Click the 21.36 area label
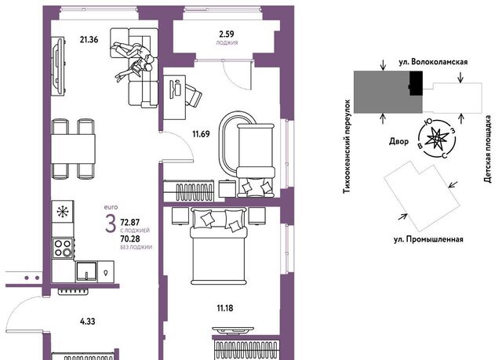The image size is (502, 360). [x=89, y=40]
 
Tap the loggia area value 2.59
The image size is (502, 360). [x=227, y=34]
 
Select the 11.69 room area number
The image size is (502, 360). [x=201, y=134]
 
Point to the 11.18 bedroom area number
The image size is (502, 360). [x=225, y=308]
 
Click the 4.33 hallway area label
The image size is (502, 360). [x=87, y=322]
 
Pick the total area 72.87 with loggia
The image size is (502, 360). [x=130, y=222]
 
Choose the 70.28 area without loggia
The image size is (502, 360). [x=130, y=238]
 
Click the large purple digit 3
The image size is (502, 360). [x=111, y=224]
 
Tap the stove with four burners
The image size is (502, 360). [x=63, y=248]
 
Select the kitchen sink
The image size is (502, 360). [x=86, y=271]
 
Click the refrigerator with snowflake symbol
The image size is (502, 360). [x=63, y=212]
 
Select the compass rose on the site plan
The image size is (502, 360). [x=437, y=139]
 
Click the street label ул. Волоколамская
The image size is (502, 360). [x=433, y=62]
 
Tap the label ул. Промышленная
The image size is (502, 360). [x=428, y=239]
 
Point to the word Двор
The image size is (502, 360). [x=399, y=141]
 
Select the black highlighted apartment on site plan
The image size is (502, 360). [x=416, y=83]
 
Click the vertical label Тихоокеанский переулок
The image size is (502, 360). [x=347, y=147]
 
